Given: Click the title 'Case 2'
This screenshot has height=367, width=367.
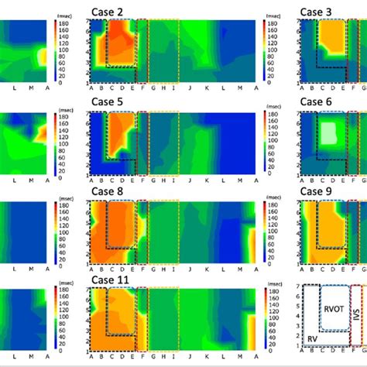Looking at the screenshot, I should tap(109, 11).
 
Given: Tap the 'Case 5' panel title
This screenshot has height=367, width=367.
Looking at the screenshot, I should tap(109, 101).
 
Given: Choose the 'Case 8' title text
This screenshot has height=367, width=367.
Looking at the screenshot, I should tap(109, 191).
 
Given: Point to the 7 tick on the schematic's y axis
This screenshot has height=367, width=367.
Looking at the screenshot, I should tap(299, 286).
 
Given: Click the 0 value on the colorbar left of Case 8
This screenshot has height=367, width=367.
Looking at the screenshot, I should tap(65, 265).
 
